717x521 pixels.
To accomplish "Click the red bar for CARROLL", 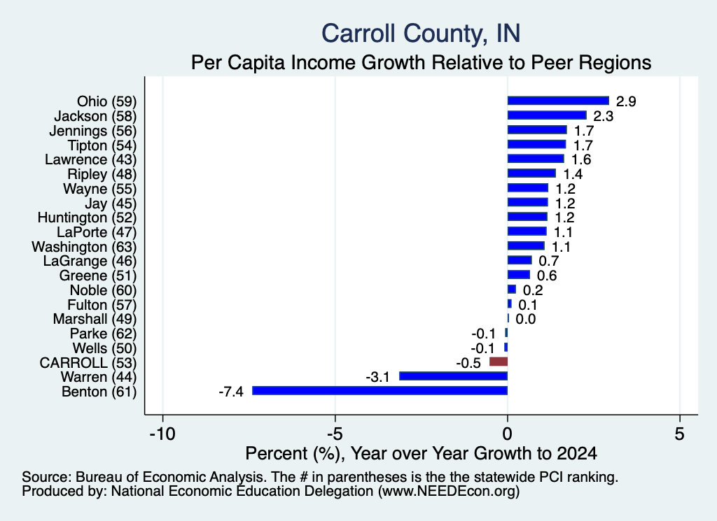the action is tap(499, 362).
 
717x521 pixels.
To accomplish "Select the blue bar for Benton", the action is tap(380, 390).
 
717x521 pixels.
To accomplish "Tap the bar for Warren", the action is tap(454, 376).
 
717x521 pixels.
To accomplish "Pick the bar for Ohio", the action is tap(558, 101).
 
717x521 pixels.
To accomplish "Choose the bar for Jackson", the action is tap(547, 115).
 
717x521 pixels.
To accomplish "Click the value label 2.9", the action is tap(626, 101).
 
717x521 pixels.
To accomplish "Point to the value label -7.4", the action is tap(231, 392).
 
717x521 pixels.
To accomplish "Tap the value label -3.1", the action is tap(377, 377).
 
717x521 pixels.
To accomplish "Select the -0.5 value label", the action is tap(468, 363).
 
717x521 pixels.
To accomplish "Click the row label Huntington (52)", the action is tap(87, 217).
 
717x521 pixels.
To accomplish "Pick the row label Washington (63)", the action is tap(84, 247).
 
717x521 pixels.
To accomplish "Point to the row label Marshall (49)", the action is tap(95, 319).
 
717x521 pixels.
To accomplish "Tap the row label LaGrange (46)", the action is tap(90, 261).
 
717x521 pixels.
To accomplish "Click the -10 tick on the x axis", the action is tap(162, 434).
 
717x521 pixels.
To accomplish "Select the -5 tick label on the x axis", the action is tap(335, 434).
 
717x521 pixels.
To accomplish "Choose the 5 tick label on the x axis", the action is tap(680, 434).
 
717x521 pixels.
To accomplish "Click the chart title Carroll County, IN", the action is tap(421, 34).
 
